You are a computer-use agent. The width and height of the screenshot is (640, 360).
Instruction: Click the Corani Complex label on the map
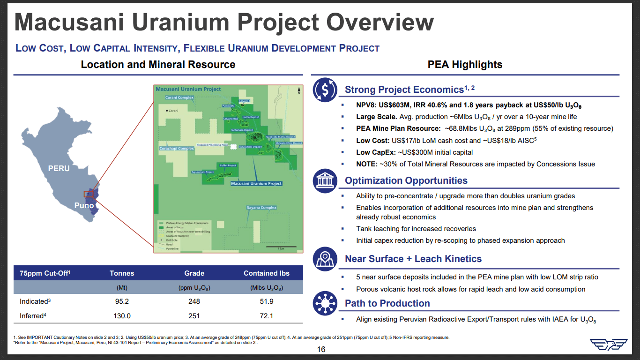(x=179, y=98)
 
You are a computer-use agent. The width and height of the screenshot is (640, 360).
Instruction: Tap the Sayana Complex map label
(x=261, y=208)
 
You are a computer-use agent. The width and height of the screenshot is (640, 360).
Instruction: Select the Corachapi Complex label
(x=177, y=149)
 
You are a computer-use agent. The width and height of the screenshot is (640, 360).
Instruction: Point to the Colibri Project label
(x=228, y=165)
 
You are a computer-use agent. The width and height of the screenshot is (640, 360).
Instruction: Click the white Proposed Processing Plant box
(x=233, y=147)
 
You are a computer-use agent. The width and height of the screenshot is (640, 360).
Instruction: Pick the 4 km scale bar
(x=279, y=247)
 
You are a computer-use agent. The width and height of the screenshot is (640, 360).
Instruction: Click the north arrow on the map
(x=298, y=91)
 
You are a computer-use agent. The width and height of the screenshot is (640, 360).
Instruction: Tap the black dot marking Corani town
(x=167, y=111)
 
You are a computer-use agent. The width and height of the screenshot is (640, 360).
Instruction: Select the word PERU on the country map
(x=59, y=168)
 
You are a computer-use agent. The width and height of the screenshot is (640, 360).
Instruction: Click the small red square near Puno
(x=89, y=194)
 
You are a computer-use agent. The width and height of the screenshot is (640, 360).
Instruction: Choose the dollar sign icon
(x=325, y=90)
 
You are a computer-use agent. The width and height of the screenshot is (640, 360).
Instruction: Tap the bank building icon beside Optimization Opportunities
(x=325, y=180)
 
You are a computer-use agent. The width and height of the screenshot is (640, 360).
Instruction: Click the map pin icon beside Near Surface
(x=325, y=259)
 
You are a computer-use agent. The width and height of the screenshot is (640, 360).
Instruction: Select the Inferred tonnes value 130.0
(x=122, y=315)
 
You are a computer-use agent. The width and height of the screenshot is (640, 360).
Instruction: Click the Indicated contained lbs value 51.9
(x=267, y=301)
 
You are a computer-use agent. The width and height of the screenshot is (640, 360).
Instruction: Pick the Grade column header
(x=194, y=273)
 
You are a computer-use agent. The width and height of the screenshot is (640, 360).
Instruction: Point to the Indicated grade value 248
(x=194, y=301)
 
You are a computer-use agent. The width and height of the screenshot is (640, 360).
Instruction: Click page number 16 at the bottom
(x=321, y=350)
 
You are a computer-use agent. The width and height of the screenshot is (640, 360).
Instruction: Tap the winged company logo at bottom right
(x=609, y=345)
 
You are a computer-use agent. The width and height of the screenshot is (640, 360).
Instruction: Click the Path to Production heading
(x=387, y=303)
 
